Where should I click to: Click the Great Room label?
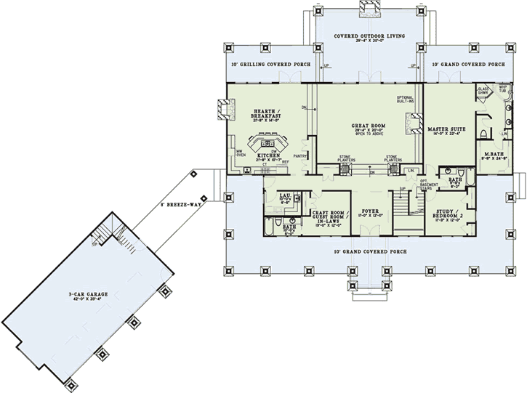pyautogui.click(x=369, y=126)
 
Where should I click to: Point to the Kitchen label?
pyautogui.click(x=268, y=155)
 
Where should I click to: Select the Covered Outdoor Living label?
pyautogui.click(x=369, y=36)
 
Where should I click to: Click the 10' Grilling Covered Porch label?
pyautogui.click(x=271, y=65)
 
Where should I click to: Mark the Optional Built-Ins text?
pyautogui.click(x=405, y=100)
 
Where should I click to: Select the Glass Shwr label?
pyautogui.click(x=483, y=91)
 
